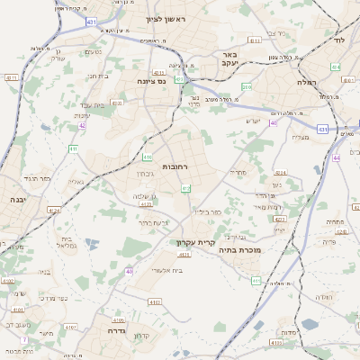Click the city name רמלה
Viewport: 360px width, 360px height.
(x=310, y=81)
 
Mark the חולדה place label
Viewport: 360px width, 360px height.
(x=324, y=297)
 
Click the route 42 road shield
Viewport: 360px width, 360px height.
(x=82, y=126)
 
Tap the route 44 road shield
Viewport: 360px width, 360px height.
(x=337, y=157)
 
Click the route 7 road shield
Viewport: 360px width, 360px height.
(x=23, y=338)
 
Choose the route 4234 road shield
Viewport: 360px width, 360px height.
(x=280, y=171)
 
